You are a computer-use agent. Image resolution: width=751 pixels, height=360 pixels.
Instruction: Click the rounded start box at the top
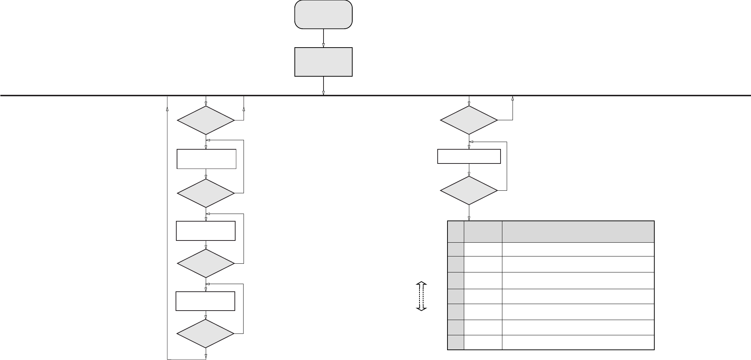[x=323, y=15]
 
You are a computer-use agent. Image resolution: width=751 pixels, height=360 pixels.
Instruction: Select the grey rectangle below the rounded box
[x=323, y=62]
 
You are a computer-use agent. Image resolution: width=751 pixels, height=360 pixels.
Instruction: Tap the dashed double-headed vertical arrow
[x=421, y=296]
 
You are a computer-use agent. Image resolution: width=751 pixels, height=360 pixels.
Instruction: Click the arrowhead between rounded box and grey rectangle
[x=323, y=45]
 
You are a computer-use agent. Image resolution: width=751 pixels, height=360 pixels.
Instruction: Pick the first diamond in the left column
[x=206, y=120]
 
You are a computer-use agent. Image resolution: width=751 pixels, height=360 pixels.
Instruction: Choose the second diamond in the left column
[x=206, y=193]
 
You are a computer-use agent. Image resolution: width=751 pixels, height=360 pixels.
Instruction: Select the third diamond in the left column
[x=206, y=263]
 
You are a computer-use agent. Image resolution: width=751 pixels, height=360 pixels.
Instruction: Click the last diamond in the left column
[x=206, y=333]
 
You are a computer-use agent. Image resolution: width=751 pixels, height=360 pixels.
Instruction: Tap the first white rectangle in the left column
[x=206, y=159]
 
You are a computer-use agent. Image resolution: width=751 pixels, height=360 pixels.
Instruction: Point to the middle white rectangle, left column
[x=205, y=231]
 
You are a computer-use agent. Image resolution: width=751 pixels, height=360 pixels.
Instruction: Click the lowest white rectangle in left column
[x=205, y=301]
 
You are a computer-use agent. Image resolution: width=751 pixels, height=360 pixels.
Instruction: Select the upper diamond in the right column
[x=469, y=120]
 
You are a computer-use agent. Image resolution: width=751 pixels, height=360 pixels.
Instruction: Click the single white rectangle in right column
[x=469, y=156]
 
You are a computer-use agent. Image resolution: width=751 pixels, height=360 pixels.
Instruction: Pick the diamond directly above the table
[x=469, y=190]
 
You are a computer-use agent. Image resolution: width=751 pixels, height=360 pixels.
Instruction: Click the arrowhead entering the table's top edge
[x=469, y=219]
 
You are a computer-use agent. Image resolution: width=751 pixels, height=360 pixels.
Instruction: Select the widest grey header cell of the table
[x=578, y=231]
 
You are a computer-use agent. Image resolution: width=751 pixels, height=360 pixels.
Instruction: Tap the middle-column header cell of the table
[x=483, y=231]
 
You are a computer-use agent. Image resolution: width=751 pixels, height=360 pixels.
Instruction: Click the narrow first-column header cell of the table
[x=456, y=231]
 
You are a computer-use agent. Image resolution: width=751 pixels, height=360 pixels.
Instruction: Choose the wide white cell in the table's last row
[x=578, y=343]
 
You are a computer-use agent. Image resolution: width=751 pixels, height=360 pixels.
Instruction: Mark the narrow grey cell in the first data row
[x=456, y=249]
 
